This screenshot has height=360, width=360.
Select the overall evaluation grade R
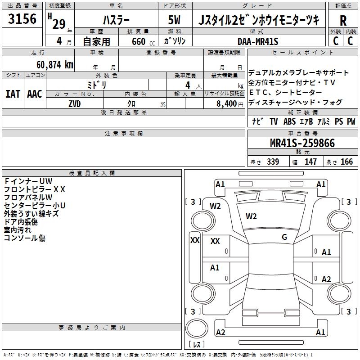point(343,21)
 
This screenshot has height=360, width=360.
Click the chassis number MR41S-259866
point(302,143)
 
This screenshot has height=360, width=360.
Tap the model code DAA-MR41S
point(258,41)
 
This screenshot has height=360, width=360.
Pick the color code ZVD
point(75,103)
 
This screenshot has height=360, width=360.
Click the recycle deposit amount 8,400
point(226,103)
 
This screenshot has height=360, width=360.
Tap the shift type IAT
point(13,94)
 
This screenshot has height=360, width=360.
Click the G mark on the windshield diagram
point(284,237)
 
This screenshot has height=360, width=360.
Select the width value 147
point(310,162)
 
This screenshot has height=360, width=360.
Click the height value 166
point(346,162)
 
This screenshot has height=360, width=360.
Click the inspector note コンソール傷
point(25,238)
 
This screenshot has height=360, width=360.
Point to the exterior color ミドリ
point(96,85)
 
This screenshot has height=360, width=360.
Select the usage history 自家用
point(96,41)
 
